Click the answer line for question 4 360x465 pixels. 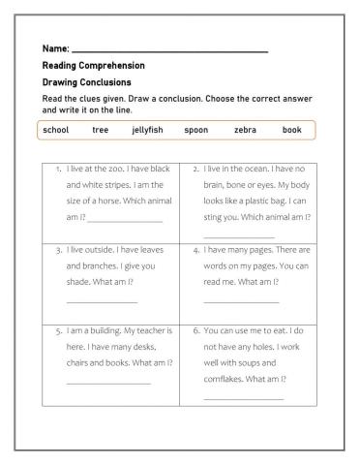241,302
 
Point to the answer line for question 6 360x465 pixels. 244,398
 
